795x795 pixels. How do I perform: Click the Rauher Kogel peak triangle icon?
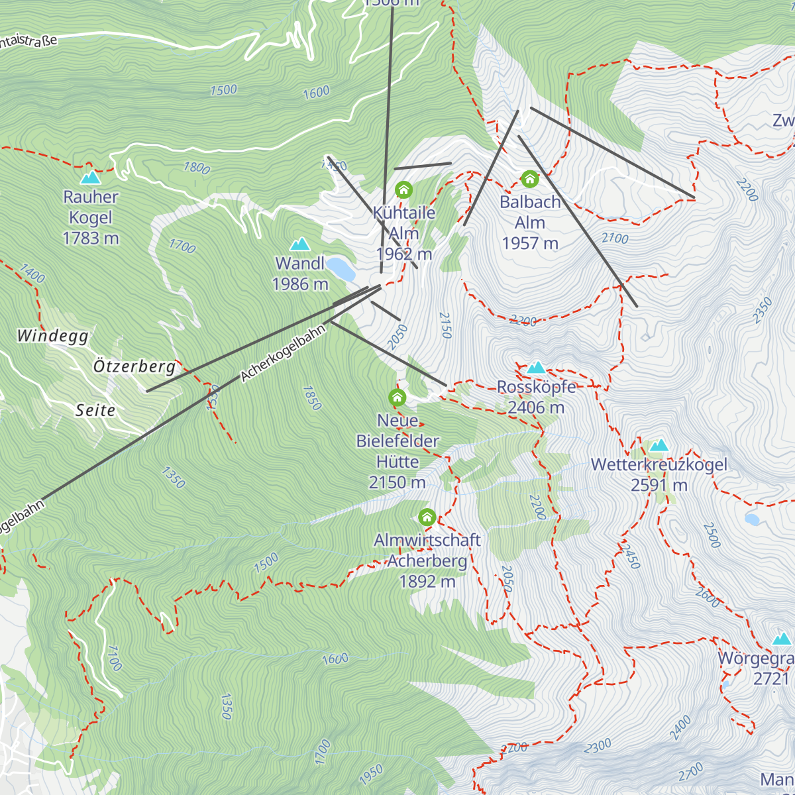(x=91, y=178)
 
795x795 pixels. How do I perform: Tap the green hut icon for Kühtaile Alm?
(x=403, y=191)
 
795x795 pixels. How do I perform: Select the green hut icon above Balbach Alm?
(x=529, y=179)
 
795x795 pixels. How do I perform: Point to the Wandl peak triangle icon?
(x=300, y=244)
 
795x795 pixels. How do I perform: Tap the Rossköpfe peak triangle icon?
(x=535, y=367)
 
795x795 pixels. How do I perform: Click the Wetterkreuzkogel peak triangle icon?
(x=659, y=445)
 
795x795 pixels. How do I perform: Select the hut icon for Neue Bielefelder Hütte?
(x=397, y=397)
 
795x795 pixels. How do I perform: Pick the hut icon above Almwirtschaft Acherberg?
(x=427, y=517)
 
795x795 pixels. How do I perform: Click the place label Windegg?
(x=53, y=337)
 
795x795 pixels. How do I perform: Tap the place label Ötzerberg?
(x=134, y=366)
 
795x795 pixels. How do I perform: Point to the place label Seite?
(x=95, y=411)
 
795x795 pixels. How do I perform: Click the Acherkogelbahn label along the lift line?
(x=284, y=353)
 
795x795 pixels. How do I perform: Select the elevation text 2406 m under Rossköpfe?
(x=536, y=407)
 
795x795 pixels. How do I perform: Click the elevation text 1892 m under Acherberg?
(x=427, y=582)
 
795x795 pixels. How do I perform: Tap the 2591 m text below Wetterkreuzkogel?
(x=659, y=486)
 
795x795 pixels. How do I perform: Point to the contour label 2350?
(x=763, y=311)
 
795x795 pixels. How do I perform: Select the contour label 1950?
(x=371, y=772)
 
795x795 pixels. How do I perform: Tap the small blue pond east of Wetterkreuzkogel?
(x=752, y=519)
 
